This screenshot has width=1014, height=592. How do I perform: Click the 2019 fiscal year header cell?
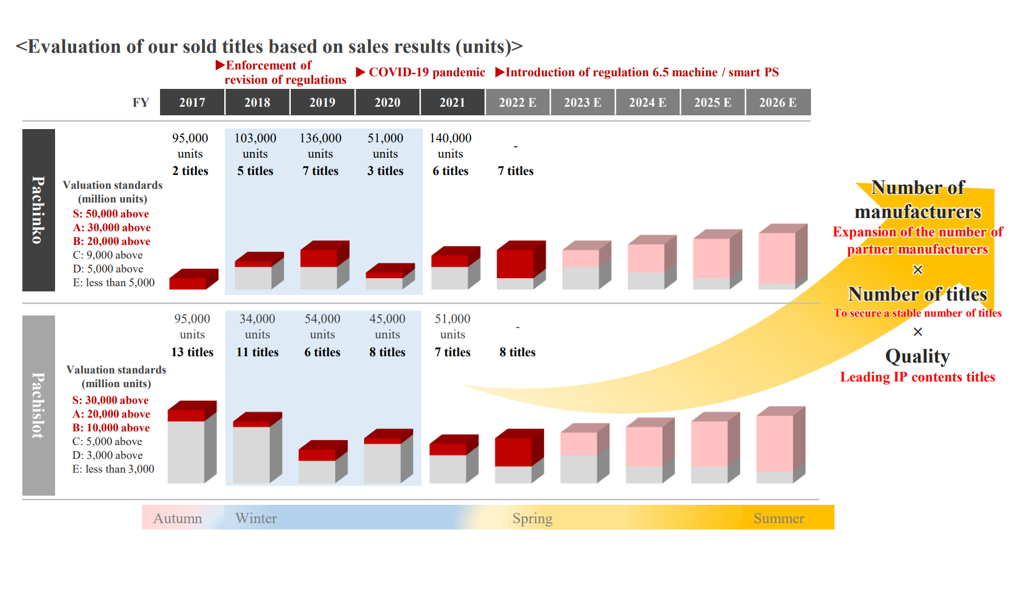point(322,102)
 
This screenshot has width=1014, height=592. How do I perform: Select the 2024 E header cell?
point(648,102)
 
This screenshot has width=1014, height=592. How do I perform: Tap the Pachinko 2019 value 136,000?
point(320,138)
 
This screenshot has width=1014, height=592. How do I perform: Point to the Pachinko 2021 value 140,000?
point(450,138)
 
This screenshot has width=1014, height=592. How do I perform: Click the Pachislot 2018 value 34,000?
point(257,319)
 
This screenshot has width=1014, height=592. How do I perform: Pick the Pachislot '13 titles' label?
point(192,352)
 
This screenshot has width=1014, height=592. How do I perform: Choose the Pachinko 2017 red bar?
point(194,279)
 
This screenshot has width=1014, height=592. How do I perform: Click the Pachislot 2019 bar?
point(323,462)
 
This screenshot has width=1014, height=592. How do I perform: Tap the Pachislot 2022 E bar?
point(519,456)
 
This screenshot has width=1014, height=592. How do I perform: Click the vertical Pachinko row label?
point(38,210)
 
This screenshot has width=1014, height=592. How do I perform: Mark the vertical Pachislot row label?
point(38,406)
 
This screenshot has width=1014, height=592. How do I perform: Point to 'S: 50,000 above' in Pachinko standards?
point(111,214)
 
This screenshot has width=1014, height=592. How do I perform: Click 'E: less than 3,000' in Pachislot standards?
point(113,469)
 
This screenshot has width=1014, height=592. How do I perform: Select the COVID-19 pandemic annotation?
point(420,72)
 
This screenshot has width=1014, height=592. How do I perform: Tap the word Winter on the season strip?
point(256,519)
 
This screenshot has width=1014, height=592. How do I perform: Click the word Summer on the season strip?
point(779,519)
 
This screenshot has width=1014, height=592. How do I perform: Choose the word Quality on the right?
point(917,356)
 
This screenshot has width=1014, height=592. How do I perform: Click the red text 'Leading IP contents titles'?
point(917,377)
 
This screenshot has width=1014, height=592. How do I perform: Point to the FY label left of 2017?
point(141,103)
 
